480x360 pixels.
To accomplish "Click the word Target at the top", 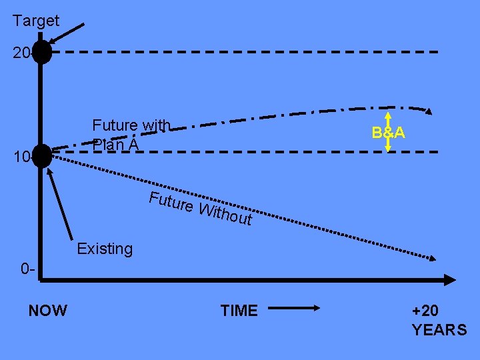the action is click(36, 21).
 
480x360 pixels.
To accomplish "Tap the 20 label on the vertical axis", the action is click(20, 53).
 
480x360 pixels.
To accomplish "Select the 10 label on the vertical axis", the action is click(20, 157).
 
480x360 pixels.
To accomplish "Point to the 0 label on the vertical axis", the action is click(27, 269).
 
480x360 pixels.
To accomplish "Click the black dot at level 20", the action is click(42, 52).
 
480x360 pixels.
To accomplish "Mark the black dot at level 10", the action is click(42, 155).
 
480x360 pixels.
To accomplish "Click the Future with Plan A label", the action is click(131, 134).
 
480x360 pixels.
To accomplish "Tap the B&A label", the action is click(389, 132).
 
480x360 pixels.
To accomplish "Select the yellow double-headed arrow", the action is click(389, 133).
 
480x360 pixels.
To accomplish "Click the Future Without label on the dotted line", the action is click(200, 207).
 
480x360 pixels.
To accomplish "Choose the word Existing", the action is click(105, 249).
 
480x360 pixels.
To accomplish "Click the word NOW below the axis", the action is click(47, 310).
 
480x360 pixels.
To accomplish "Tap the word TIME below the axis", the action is click(239, 310).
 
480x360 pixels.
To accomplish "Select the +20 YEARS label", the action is click(439, 320).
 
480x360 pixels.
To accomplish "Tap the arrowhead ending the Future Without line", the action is click(433, 258).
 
